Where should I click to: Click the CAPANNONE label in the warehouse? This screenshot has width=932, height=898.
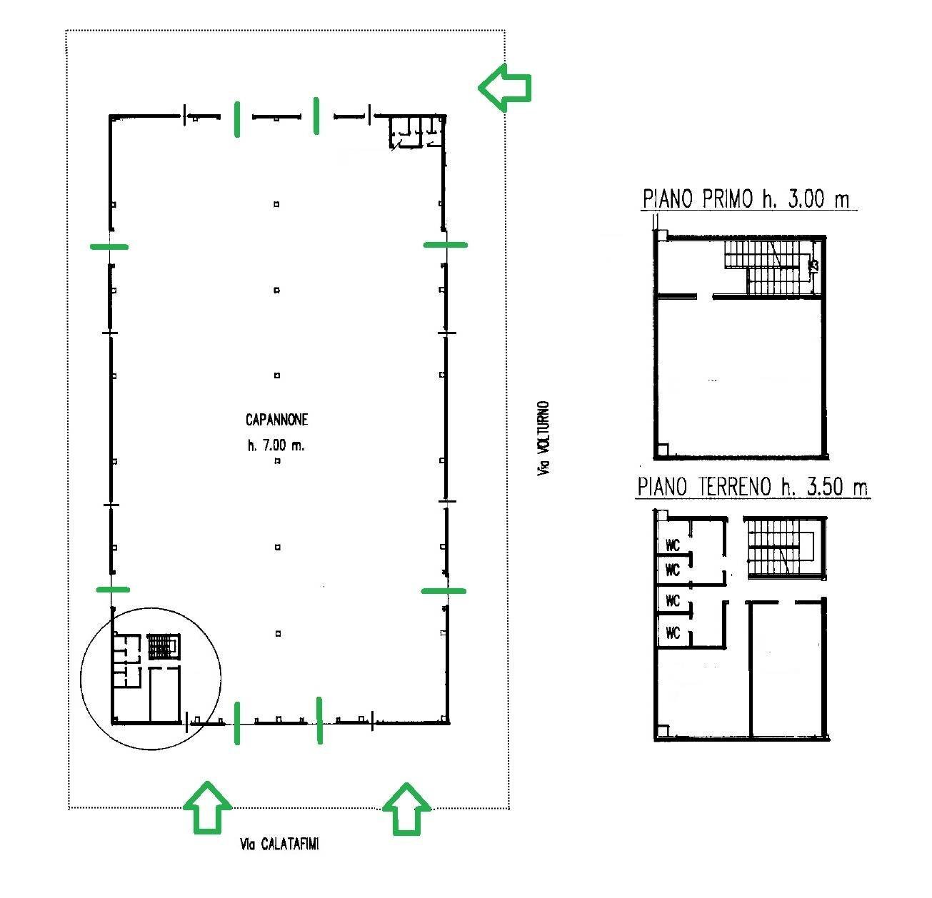point(276,420)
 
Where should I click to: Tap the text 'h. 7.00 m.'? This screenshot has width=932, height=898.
point(276,445)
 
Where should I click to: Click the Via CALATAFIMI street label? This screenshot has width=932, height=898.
point(279,844)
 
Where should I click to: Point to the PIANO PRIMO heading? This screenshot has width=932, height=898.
point(746,198)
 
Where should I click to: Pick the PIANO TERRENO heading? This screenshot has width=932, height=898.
point(752,488)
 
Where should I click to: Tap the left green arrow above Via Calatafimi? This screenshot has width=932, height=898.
point(207,807)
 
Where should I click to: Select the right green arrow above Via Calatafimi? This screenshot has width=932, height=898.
point(406,807)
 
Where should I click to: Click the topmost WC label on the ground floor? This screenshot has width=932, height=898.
point(673,545)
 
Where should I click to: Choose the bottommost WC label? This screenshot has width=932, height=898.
point(673,632)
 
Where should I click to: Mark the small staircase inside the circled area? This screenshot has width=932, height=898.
point(164,647)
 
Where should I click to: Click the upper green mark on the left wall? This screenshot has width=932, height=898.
point(110,246)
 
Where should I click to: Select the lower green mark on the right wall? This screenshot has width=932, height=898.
point(444,591)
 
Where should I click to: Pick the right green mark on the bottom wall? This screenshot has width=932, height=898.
point(319,721)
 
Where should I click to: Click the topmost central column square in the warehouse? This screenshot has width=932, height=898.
point(276,204)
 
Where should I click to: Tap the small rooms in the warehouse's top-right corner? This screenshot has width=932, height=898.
point(416,132)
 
